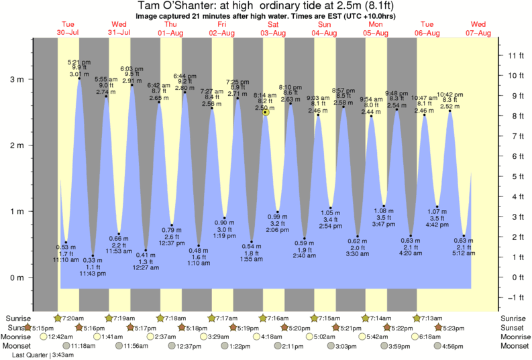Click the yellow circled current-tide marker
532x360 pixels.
(x=266, y=113)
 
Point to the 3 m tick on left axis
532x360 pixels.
(x=20, y=79)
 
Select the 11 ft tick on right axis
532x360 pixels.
(x=514, y=55)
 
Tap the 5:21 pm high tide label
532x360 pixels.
(x=80, y=61)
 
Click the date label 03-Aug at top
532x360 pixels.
(x=273, y=33)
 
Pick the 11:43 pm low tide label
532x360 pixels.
(x=92, y=274)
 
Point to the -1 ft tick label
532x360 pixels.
(x=514, y=298)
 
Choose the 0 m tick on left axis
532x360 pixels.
(x=20, y=278)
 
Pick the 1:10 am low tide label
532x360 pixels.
(x=199, y=264)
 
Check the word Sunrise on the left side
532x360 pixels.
(x=18, y=318)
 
